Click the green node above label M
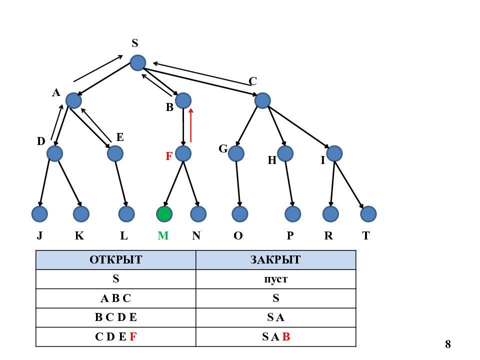click(164, 213)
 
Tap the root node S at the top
click(138, 63)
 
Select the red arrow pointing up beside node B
click(191, 125)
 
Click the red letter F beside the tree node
click(169, 156)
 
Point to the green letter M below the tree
click(163, 235)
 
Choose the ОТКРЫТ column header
click(115, 260)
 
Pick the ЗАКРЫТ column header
click(275, 260)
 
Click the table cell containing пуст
click(275, 279)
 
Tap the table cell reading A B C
click(115, 298)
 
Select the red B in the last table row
click(286, 336)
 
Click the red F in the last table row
click(133, 336)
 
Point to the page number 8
click(448, 344)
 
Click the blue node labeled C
click(262, 100)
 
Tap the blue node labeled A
click(73, 100)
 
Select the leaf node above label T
click(368, 213)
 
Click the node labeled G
click(236, 153)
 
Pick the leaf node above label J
click(39, 213)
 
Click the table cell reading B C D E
click(115, 317)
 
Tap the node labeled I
click(334, 153)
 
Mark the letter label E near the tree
click(120, 137)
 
